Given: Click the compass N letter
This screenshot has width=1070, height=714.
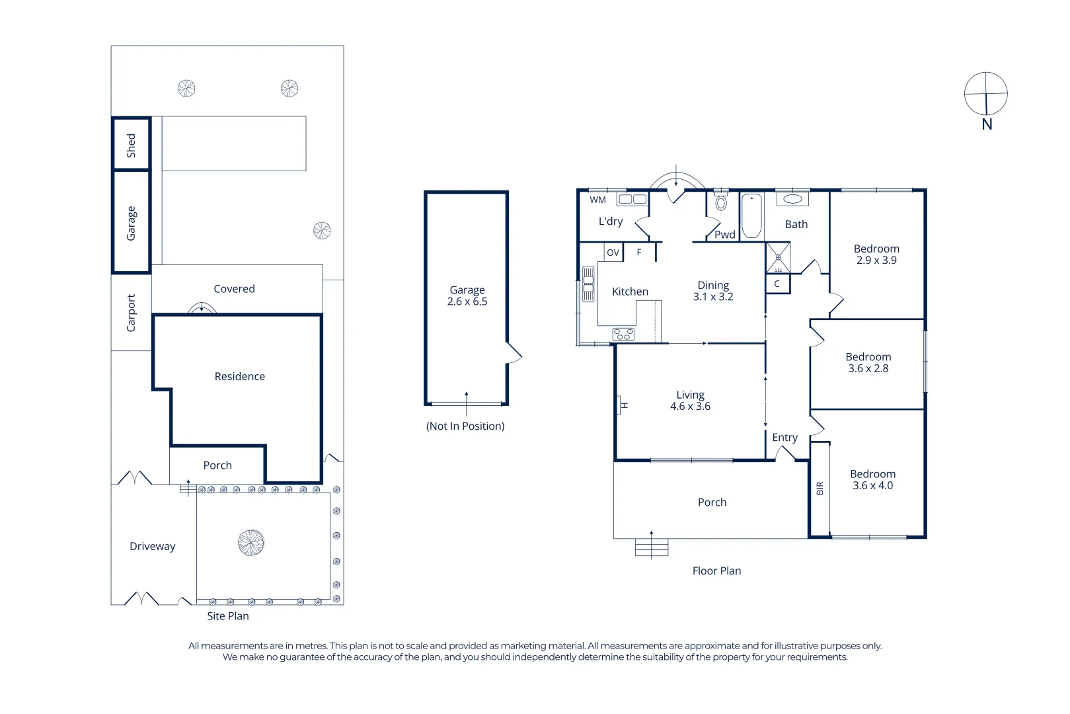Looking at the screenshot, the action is click(987, 124).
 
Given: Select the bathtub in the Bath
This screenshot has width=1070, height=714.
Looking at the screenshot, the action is click(751, 216).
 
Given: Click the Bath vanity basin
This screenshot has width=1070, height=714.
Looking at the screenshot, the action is click(792, 199).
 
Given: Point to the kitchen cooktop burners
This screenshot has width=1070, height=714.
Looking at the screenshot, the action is click(623, 334).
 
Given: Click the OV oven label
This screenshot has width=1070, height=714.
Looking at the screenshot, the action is click(613, 253).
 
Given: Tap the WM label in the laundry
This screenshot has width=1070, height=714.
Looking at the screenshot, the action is click(597, 200).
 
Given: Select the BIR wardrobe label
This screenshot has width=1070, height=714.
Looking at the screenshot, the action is click(820, 488).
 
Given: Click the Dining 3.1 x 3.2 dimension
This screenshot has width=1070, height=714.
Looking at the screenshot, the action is click(713, 297).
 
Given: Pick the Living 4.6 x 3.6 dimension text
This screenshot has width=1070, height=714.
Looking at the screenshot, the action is click(690, 406).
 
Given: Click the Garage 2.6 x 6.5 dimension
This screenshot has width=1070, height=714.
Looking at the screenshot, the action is click(467, 301).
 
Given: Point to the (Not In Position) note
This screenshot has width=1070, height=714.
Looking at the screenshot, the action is click(465, 426).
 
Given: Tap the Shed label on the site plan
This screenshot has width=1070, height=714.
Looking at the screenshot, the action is click(131, 145).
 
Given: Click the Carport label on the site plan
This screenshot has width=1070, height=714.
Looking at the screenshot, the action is click(131, 313).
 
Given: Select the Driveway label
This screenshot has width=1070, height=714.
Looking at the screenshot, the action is click(153, 546).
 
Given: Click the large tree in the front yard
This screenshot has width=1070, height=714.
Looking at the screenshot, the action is click(251, 543).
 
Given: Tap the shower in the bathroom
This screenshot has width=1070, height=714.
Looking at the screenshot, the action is click(778, 258).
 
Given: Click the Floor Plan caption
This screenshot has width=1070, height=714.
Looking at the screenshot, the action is click(716, 571).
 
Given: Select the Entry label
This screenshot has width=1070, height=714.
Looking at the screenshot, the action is click(785, 438).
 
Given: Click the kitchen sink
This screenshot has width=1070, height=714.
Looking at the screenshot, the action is click(588, 284).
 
